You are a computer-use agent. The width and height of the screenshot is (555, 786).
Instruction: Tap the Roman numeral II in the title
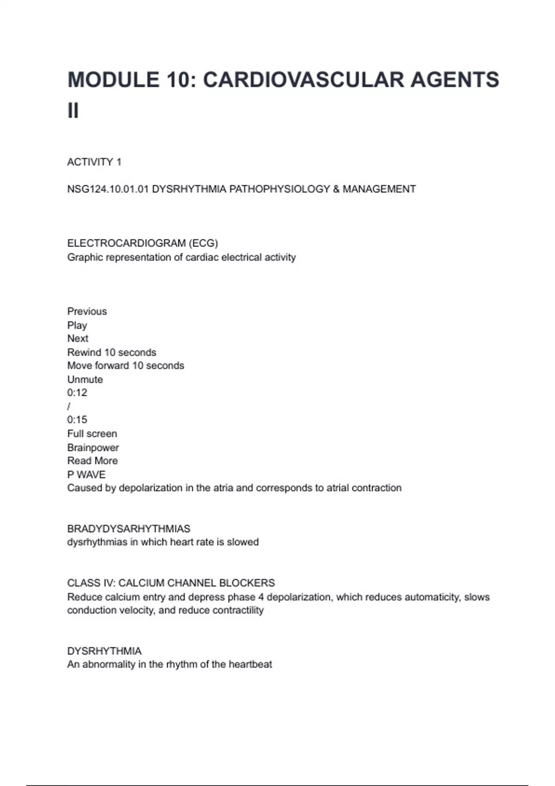[73, 111]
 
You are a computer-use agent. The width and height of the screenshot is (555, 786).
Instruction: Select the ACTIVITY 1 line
[94, 162]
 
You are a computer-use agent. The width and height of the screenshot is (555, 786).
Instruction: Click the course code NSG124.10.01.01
[107, 189]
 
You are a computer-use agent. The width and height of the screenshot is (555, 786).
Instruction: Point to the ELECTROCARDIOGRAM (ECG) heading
[142, 243]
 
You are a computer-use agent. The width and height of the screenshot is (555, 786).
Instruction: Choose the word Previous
[87, 311]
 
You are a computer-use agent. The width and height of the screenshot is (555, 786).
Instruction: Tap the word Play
[77, 325]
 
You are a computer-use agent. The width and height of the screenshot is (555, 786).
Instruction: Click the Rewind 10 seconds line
[111, 352]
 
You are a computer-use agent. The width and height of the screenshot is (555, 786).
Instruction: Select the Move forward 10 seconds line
[125, 366]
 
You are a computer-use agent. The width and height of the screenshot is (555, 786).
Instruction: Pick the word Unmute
[85, 380]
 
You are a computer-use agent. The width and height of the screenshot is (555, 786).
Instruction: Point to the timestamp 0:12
[77, 393]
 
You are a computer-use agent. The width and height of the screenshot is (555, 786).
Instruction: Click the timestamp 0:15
[77, 420]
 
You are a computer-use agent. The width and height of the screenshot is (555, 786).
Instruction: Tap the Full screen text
[92, 434]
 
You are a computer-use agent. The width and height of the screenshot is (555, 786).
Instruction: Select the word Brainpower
[93, 448]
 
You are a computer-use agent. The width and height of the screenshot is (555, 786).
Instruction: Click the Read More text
[92, 461]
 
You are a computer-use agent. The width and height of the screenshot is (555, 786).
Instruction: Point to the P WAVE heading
[86, 474]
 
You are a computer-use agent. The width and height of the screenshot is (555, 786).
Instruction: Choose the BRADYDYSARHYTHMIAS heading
[129, 528]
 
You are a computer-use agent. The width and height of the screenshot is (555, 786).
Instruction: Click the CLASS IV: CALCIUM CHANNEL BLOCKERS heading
[171, 583]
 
